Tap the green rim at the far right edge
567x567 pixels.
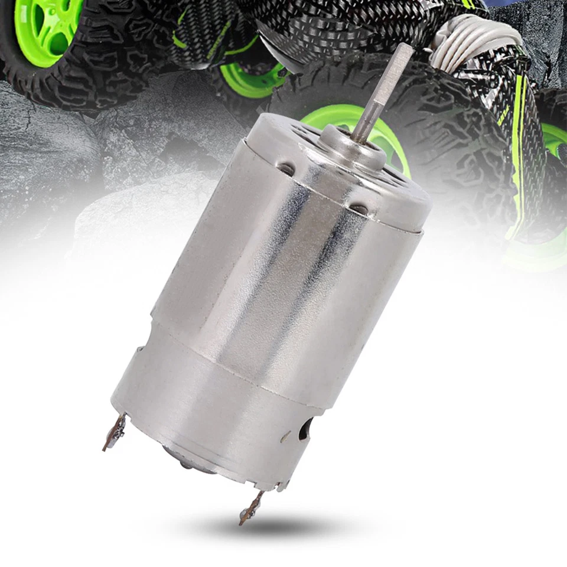pyautogui.click(x=555, y=139)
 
